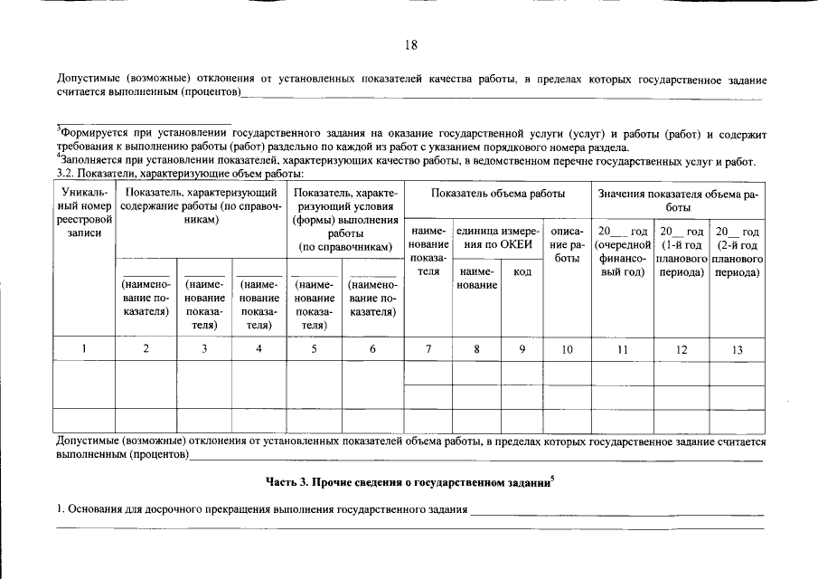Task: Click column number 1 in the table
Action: click(x=84, y=349)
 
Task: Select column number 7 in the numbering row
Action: click(x=428, y=349)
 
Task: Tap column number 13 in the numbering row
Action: click(x=738, y=349)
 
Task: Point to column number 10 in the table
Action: click(x=567, y=349)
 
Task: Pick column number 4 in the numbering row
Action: click(x=259, y=349)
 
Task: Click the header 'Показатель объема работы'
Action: click(x=498, y=194)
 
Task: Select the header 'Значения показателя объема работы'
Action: click(x=678, y=200)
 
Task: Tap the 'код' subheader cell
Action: click(x=522, y=271)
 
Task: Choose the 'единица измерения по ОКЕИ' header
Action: click(x=498, y=238)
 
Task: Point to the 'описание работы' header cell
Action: click(x=567, y=244)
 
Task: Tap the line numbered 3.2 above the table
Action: click(x=179, y=173)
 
